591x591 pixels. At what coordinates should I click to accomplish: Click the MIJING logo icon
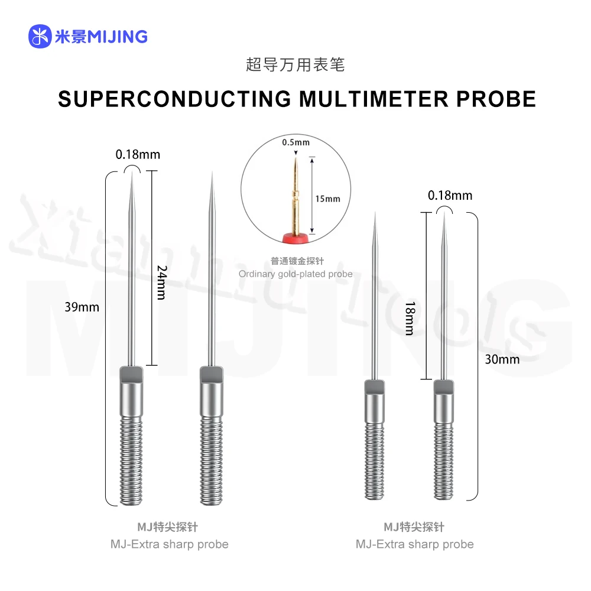[40, 37]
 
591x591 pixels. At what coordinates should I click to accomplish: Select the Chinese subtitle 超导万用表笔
[295, 64]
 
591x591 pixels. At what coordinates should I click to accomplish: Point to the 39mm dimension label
[83, 307]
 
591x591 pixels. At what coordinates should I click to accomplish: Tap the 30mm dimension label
[503, 359]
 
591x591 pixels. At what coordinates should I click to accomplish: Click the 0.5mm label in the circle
[295, 142]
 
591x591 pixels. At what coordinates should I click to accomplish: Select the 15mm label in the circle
[327, 199]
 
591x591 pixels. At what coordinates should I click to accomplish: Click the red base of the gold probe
[296, 238]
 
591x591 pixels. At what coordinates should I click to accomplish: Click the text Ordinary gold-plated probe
[295, 274]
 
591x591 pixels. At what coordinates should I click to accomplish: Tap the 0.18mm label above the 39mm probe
[138, 155]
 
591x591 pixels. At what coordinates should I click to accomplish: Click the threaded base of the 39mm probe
[131, 461]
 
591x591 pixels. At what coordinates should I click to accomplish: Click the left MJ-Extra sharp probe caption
[169, 544]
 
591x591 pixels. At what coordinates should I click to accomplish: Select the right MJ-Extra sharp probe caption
[414, 544]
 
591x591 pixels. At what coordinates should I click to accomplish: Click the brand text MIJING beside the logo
[117, 37]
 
